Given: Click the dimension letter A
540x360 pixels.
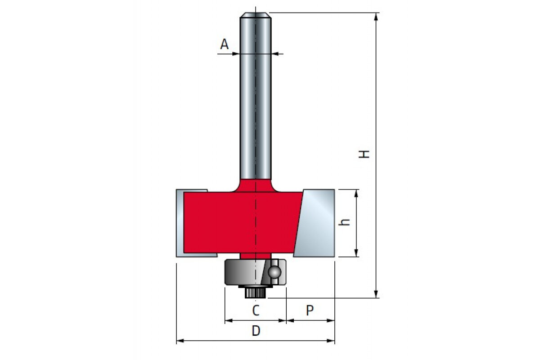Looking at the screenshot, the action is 224,44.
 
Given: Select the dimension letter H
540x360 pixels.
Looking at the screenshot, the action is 364,154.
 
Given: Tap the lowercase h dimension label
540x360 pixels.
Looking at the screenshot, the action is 344,222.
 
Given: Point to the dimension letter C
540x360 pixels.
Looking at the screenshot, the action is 256,310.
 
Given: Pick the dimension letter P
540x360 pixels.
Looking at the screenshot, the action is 310,310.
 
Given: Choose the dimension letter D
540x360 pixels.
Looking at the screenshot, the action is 256,331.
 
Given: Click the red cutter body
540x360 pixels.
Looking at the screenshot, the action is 243,222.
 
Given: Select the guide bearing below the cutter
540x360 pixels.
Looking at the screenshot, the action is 256,272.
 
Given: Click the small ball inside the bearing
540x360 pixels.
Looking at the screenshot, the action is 274,272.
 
